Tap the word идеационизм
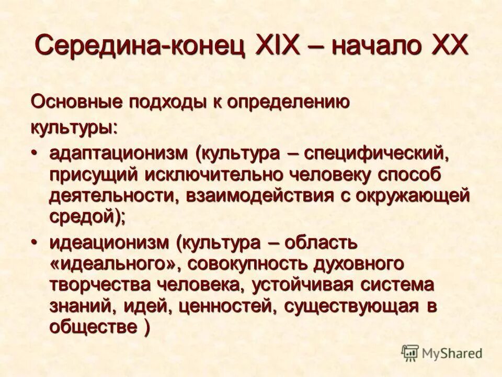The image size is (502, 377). [109, 243]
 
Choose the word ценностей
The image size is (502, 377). [223, 306]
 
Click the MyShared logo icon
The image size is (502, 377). [410, 352]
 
